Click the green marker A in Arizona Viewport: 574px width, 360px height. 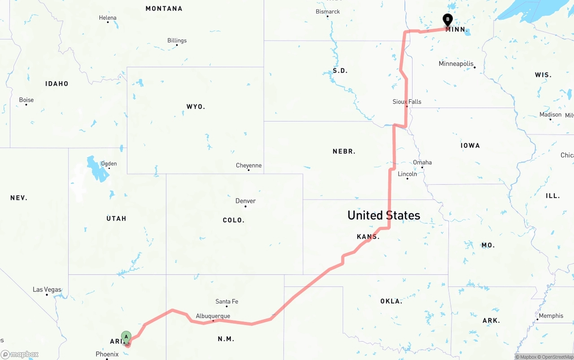(126, 336)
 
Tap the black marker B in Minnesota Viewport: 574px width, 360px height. (448, 19)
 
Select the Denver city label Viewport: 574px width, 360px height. (245, 201)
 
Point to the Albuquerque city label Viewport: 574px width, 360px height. (213, 316)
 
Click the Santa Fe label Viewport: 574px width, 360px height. (227, 301)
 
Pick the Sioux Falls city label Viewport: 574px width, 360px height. (407, 102)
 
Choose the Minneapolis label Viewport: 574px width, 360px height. (456, 64)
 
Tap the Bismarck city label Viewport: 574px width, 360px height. (328, 12)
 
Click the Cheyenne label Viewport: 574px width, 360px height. (248, 165)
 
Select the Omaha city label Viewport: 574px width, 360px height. (422, 162)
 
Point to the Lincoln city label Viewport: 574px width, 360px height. (407, 174)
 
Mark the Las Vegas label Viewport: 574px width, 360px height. (47, 290)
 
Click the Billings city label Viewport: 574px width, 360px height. (177, 40)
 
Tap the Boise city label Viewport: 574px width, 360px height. (26, 100)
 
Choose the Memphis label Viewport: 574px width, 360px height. (551, 316)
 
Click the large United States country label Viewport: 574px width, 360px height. (384, 215)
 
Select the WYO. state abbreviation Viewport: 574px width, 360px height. (196, 107)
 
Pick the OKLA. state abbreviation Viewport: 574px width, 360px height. (391, 301)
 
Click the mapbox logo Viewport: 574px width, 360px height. (20, 354)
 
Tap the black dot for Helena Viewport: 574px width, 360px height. (108, 22)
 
